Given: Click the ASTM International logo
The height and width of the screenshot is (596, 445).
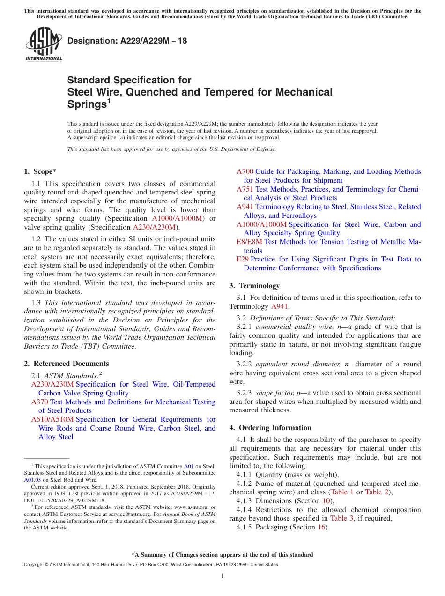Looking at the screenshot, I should coord(44,45).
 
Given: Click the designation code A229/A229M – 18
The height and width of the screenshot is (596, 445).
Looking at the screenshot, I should coord(127,41).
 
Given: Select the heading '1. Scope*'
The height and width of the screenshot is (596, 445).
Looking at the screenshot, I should coord(41,171).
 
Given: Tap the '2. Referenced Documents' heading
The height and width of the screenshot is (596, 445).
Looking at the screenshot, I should coord(66,364).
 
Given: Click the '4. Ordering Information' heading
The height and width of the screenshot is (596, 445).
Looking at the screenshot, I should coord(270,428).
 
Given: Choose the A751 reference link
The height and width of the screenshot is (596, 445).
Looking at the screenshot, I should coord(245,189).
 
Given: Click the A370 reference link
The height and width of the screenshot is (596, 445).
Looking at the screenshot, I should coord(39,402).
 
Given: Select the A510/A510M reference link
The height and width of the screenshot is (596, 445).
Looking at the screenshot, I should coord(52,419).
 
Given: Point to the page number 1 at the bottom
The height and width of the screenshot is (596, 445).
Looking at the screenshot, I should coord(222,576).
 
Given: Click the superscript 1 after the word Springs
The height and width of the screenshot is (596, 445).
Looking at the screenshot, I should coord(109,100).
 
